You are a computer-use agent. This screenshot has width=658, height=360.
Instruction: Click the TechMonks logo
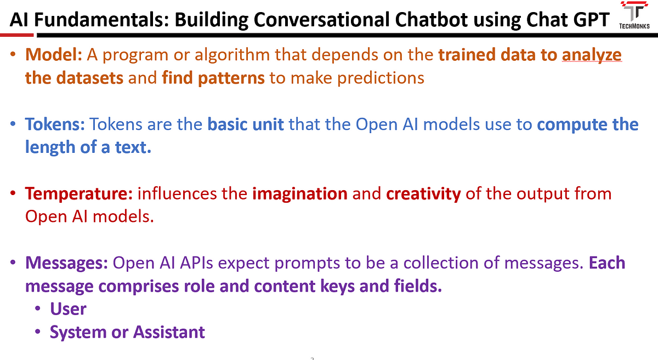pos(634,15)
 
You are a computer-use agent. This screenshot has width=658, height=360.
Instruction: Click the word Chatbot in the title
pos(432,20)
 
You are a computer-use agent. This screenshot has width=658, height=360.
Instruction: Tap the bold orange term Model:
pos(54,55)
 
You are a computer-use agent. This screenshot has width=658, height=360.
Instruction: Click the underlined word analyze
pos(592,55)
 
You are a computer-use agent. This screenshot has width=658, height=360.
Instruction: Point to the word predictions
pos(381,78)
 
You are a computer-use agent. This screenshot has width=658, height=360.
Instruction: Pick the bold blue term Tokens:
pos(55,124)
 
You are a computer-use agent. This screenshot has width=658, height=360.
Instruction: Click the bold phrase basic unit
pos(246,124)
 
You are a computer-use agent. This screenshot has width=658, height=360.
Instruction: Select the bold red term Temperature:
pos(79,194)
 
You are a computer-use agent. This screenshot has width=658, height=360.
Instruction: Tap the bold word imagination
pos(299,194)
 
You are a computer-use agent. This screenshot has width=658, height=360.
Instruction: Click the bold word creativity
pos(423,194)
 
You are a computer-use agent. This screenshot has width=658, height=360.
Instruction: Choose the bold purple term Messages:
pos(67,263)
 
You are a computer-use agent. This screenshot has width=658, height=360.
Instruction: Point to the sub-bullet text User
pos(68,309)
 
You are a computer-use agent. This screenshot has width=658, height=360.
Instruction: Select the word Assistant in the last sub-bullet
pos(169,332)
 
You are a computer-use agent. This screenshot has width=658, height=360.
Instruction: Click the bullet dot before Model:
pos(13,55)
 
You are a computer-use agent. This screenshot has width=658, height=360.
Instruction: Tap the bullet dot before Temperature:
pos(13,193)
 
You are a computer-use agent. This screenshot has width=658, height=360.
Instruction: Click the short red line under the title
pos(17,35)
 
